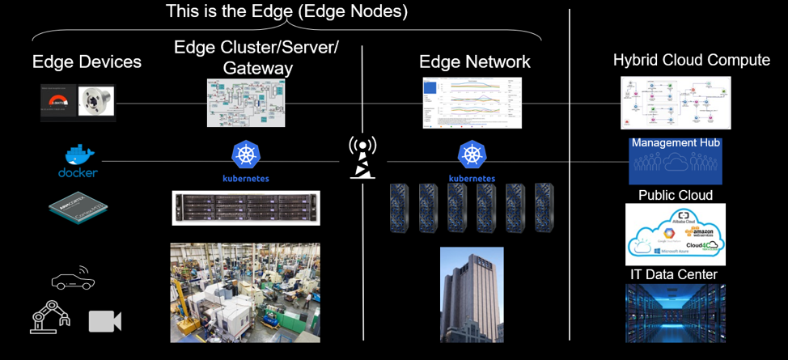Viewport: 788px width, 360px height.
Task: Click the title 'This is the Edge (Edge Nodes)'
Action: tap(286, 11)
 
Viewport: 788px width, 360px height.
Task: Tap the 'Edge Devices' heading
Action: tap(87, 62)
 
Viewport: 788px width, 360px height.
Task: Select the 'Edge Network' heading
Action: tap(474, 62)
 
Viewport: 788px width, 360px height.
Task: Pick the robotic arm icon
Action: tap(49, 318)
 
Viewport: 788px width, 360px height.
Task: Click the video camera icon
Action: tap(104, 321)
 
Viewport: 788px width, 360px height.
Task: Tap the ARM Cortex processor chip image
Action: tap(78, 209)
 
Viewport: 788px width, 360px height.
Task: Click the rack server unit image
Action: tap(246, 208)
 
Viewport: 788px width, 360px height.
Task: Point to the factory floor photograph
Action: tap(245, 292)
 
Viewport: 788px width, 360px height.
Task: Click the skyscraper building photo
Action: tap(472, 294)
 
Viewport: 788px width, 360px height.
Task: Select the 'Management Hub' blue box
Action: tap(676, 161)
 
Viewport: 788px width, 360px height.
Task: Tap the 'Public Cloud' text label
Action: tap(676, 195)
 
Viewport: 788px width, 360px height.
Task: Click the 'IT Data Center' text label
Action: tap(674, 275)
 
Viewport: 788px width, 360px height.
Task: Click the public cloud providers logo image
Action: tap(676, 235)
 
